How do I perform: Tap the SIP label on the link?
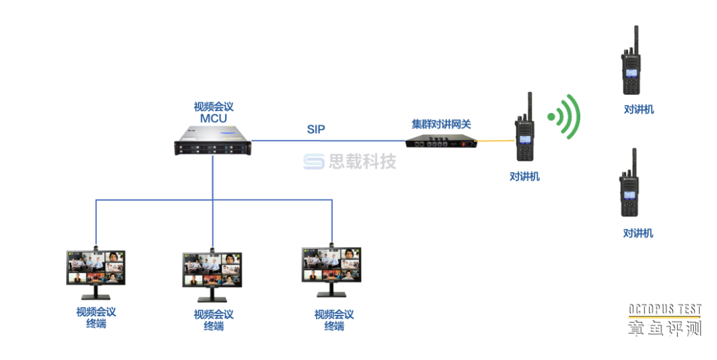tap(316, 130)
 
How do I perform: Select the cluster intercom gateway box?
tap(441, 141)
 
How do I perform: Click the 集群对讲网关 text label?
tap(441, 124)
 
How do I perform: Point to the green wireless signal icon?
tap(565, 117)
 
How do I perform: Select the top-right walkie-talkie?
tap(630, 66)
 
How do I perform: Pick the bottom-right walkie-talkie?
tap(629, 189)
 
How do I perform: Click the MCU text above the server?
tap(214, 119)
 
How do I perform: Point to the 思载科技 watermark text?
tap(362, 161)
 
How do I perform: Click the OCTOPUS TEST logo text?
tap(665, 310)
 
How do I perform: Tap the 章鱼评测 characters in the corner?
tap(665, 327)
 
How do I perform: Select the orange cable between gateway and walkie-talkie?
tap(497, 140)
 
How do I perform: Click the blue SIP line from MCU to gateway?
tap(332, 141)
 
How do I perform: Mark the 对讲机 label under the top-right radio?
tap(639, 110)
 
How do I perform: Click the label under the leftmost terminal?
tap(96, 317)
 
